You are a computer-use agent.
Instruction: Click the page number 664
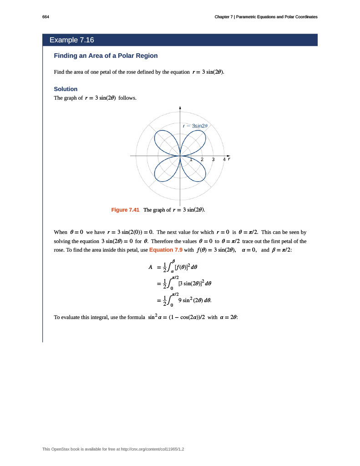46,17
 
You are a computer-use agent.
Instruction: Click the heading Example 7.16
72,40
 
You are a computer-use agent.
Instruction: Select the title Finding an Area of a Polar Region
106,56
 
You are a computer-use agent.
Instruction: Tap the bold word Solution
66,89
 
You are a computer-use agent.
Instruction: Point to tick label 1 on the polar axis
191,160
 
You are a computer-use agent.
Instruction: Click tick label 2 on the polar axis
202,160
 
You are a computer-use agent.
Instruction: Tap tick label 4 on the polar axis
224,160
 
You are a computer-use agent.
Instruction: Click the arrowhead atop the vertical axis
180,108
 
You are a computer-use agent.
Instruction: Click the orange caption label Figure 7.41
125,210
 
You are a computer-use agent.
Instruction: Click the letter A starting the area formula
150,267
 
